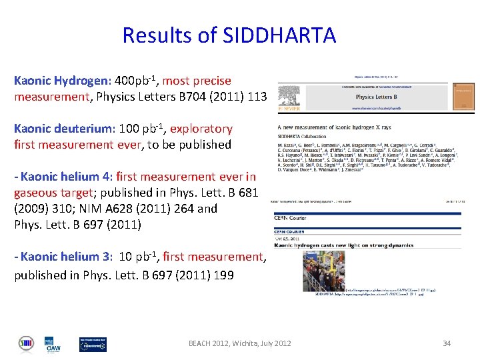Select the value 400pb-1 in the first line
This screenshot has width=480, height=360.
tap(137, 81)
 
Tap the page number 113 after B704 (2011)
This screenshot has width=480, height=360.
tap(257, 97)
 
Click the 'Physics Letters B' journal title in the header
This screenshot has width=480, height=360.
tap(379, 97)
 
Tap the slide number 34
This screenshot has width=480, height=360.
tap(447, 343)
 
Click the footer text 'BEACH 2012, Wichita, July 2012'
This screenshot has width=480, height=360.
tap(239, 343)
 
